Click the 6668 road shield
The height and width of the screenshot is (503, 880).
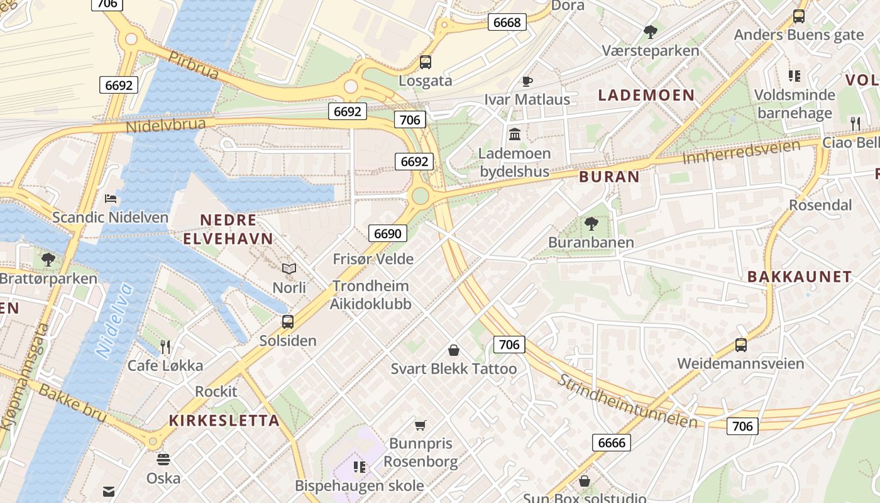(x=507, y=23)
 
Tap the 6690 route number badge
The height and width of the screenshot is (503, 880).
(x=387, y=233)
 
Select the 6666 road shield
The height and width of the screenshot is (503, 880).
(x=611, y=443)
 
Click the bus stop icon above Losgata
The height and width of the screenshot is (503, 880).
(x=426, y=62)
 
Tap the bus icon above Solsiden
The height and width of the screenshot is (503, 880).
(x=288, y=322)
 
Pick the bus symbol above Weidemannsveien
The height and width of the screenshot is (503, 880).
(x=741, y=345)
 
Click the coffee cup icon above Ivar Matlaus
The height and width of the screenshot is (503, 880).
(x=527, y=81)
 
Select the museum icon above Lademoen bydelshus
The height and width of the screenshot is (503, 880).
(x=515, y=134)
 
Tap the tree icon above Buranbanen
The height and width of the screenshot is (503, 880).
(x=591, y=223)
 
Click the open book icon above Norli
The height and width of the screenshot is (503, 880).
(x=289, y=269)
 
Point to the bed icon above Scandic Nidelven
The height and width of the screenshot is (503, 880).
(x=111, y=199)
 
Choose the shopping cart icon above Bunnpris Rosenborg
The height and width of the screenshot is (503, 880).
(x=421, y=425)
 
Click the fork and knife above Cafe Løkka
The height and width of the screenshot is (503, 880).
(x=165, y=346)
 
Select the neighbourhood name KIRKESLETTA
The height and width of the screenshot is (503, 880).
(x=224, y=421)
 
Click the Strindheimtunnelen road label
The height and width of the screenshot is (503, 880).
(x=627, y=401)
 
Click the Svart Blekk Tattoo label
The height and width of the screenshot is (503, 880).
(x=454, y=368)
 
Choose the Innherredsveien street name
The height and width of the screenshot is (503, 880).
(x=741, y=152)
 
